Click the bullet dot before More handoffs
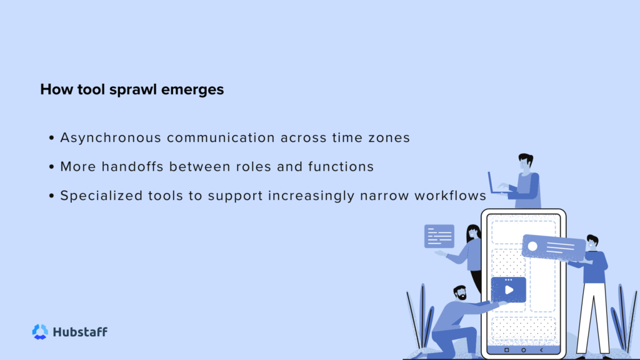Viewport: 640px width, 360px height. (51, 167)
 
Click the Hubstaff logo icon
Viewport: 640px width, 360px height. (40, 332)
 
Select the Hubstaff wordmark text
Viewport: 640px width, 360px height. (80, 332)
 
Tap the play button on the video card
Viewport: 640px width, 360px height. (509, 290)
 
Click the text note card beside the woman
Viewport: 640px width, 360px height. (439, 236)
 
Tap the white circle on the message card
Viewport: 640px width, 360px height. (532, 246)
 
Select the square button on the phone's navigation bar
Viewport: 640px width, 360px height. (506, 349)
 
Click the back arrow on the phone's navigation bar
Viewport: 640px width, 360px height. (541, 349)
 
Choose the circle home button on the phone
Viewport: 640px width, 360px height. (524, 349)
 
